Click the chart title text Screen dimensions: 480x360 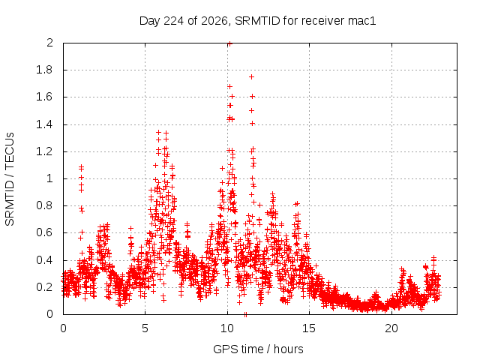click(x=257, y=21)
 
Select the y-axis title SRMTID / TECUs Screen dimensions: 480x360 click(x=10, y=179)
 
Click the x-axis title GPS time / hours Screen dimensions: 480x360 click(x=258, y=349)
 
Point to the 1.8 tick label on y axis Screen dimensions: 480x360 click(x=44, y=70)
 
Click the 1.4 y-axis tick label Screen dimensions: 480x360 click(x=44, y=124)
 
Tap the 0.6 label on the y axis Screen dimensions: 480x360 click(x=44, y=232)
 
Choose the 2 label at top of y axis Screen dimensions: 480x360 click(x=49, y=43)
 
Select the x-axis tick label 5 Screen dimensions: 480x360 click(x=145, y=328)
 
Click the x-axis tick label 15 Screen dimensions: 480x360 click(x=309, y=328)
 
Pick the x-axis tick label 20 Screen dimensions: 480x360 click(x=391, y=328)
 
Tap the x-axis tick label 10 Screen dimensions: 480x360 click(x=227, y=328)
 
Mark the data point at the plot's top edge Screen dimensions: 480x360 click(x=230, y=43)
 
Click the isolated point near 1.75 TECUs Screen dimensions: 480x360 click(x=252, y=76)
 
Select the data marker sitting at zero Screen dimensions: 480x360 click(x=245, y=314)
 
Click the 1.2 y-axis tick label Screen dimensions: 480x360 click(x=44, y=151)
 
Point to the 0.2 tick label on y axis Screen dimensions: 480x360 click(x=44, y=287)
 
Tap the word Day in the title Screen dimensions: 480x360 click(x=150, y=21)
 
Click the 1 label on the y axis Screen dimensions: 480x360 click(x=49, y=178)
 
